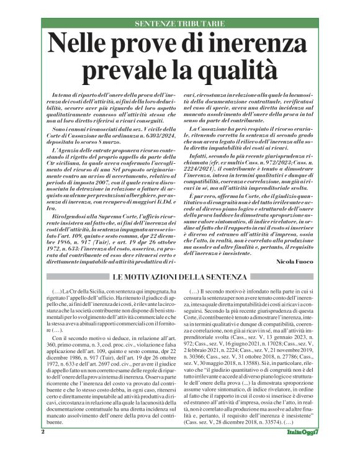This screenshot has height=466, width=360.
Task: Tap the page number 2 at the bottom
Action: (43, 448)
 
